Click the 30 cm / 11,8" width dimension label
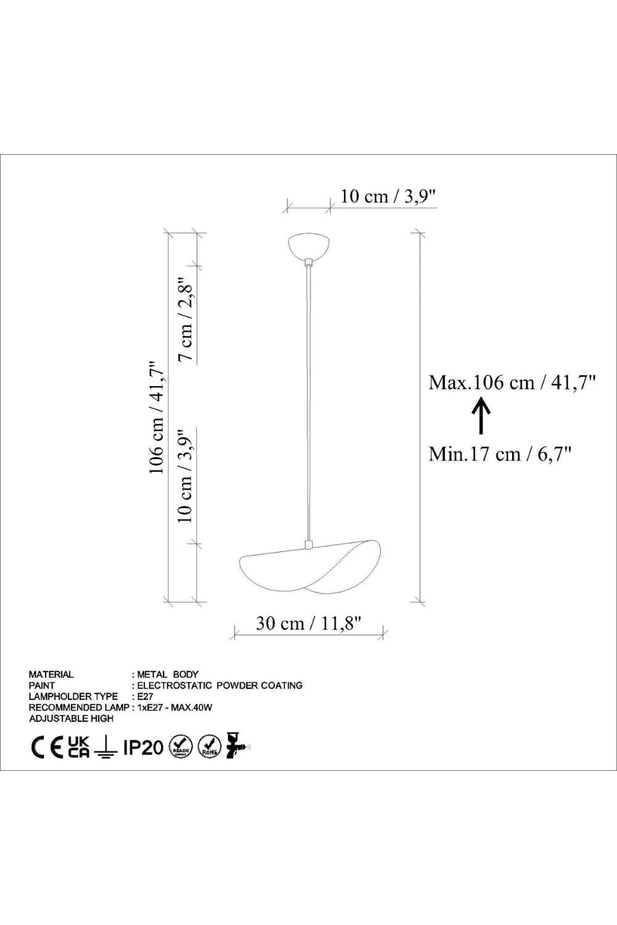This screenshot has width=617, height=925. [x=308, y=623]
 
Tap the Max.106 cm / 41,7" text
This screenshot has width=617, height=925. [x=512, y=382]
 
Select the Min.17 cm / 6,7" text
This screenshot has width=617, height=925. [x=500, y=454]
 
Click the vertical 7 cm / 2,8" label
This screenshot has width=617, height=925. [x=186, y=318]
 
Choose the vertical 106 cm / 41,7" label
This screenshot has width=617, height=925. [x=157, y=417]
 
